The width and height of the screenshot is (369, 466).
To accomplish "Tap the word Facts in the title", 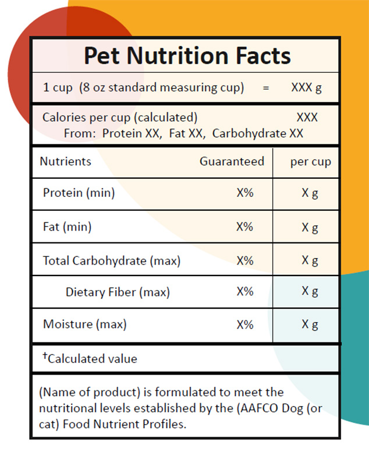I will (257, 56).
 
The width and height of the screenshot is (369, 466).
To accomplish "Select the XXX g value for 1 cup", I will (307, 88).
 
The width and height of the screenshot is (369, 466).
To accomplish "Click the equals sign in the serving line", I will (266, 88).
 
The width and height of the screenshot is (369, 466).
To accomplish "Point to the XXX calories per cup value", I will (307, 117).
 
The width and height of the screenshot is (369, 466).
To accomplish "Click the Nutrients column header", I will (65, 161).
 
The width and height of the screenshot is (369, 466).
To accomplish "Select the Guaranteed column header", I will (232, 161).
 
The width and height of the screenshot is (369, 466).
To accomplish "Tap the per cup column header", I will (310, 162).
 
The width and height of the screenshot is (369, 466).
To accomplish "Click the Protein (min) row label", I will (79, 193).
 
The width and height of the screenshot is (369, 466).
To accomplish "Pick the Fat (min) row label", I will (67, 227).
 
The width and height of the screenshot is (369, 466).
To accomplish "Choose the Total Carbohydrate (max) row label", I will (111, 260).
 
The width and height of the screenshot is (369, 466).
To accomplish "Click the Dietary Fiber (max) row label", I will (118, 292).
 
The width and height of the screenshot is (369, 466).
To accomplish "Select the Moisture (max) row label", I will (84, 324).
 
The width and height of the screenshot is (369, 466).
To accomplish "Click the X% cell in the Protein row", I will (245, 193).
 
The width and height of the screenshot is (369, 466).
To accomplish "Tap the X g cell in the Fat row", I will (310, 227).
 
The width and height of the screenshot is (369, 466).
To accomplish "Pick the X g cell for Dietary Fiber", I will (310, 291).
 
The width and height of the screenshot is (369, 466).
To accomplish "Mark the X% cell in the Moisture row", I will (245, 324).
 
